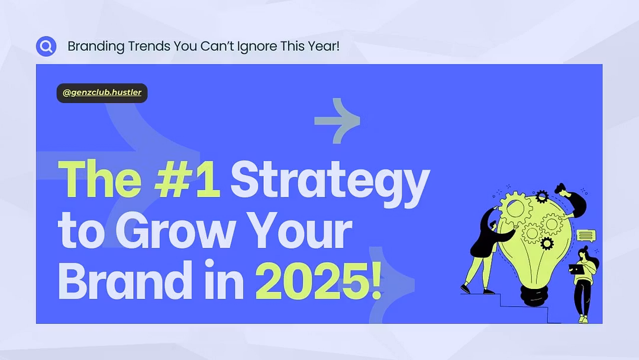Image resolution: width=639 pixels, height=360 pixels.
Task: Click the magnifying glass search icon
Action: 46,46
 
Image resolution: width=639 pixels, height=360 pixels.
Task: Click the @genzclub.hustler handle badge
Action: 102,93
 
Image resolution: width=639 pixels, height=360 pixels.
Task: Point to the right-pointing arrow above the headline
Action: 337,121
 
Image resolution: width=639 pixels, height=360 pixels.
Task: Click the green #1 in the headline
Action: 187,179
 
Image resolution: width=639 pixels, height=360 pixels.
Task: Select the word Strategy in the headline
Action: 330,184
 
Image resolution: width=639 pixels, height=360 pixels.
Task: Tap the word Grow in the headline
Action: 176,230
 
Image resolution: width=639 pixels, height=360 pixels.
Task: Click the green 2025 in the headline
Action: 312,281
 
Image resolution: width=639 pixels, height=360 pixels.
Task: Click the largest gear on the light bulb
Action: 515,208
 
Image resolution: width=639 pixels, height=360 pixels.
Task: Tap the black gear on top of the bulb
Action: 541,197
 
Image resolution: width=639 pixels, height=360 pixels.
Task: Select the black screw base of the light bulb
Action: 535,295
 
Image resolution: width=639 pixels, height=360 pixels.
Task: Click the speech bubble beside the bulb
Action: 586,236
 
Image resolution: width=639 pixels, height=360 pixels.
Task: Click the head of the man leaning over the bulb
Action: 560,189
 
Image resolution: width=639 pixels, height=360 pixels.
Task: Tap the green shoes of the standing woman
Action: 583,319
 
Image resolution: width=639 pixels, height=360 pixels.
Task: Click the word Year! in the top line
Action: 324,46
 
